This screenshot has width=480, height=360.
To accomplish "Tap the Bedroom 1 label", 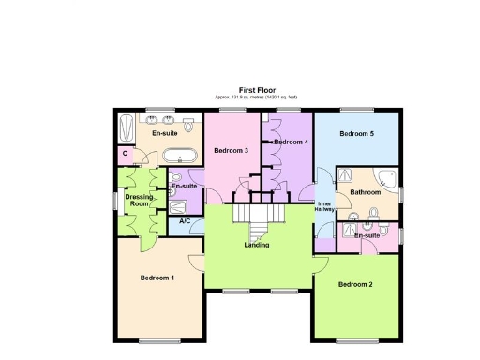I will click(157, 278).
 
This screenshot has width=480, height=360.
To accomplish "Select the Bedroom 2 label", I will click(355, 284).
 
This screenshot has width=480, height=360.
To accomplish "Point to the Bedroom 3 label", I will click(230, 150).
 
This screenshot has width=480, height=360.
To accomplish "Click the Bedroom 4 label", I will click(292, 142).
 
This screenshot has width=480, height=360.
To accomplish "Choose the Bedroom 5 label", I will click(356, 134).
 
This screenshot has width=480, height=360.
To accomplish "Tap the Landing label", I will click(257, 245).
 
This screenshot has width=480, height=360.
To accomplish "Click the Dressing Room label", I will click(140, 199).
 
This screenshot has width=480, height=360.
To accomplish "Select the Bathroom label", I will click(366, 192).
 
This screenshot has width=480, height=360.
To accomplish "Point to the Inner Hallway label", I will click(324, 206).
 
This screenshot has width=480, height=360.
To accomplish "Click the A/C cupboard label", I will click(185, 221).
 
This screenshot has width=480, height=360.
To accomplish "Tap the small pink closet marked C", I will click(125, 154).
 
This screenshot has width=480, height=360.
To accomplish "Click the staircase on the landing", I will click(257, 218).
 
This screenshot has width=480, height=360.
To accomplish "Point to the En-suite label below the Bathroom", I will click(367, 235).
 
